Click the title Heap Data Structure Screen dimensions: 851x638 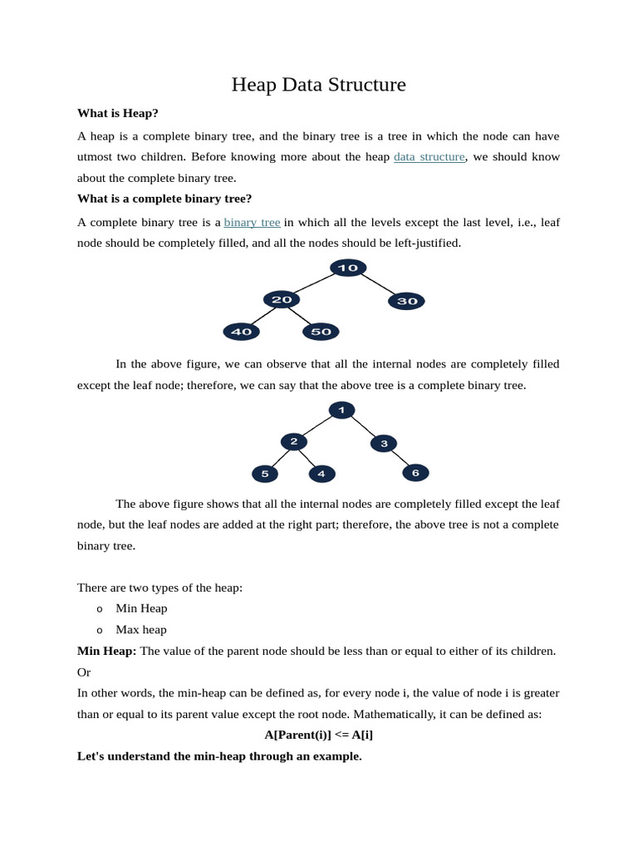318,85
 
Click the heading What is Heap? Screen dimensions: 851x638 117,113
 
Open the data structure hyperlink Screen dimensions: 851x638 429,156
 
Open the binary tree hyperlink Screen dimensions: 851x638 252,222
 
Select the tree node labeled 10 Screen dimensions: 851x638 348,268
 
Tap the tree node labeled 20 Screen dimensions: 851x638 282,300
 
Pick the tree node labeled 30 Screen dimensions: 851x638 406,301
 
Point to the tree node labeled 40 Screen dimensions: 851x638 241,332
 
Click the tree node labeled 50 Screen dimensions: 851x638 321,332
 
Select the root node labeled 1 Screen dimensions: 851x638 341,410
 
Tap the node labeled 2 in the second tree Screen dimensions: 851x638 293,441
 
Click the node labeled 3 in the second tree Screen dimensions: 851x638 383,443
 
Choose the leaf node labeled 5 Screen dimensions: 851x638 264,474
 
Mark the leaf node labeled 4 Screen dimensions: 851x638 321,474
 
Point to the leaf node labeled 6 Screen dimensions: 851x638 415,472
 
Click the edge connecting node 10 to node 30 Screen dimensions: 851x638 377,284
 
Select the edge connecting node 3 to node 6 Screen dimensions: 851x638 400,458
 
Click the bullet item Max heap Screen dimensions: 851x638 141,629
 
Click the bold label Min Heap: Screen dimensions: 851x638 107,651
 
